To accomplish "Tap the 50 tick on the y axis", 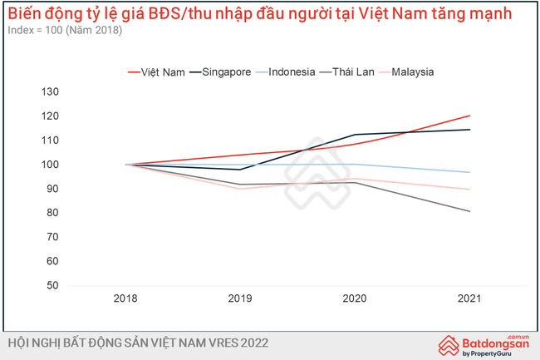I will tap(52, 285).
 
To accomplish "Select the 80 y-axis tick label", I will tap(52, 213).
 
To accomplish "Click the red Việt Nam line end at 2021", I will tap(469, 116).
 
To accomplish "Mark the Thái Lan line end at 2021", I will tap(469, 211).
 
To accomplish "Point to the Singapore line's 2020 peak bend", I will tap(356, 135).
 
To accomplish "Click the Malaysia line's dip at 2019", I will tap(241, 189).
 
